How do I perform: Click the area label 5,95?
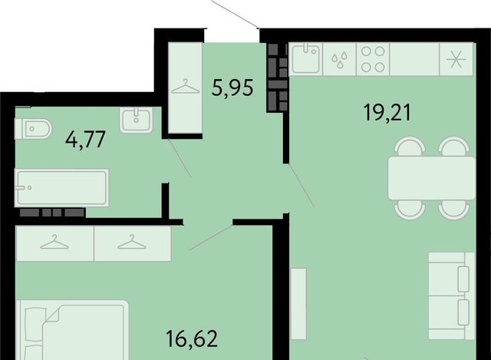(232, 88)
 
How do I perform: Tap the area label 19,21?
(387, 113)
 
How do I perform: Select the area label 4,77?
(85, 140)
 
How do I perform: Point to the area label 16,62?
(192, 339)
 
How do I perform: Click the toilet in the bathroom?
(33, 128)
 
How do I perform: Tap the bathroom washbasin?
(136, 120)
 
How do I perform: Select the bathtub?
(61, 188)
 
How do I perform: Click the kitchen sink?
(305, 59)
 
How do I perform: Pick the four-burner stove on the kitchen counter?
(373, 59)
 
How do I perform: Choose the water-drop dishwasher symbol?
(339, 60)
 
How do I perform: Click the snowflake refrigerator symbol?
(456, 59)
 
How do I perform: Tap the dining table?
(431, 178)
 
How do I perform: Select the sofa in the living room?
(452, 296)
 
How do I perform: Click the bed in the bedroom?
(72, 330)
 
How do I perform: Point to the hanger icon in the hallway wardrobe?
(186, 87)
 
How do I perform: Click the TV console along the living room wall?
(298, 304)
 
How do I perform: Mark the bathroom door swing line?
(180, 158)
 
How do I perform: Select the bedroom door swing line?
(211, 237)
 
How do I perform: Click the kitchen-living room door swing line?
(302, 185)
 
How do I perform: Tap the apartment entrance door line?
(236, 14)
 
